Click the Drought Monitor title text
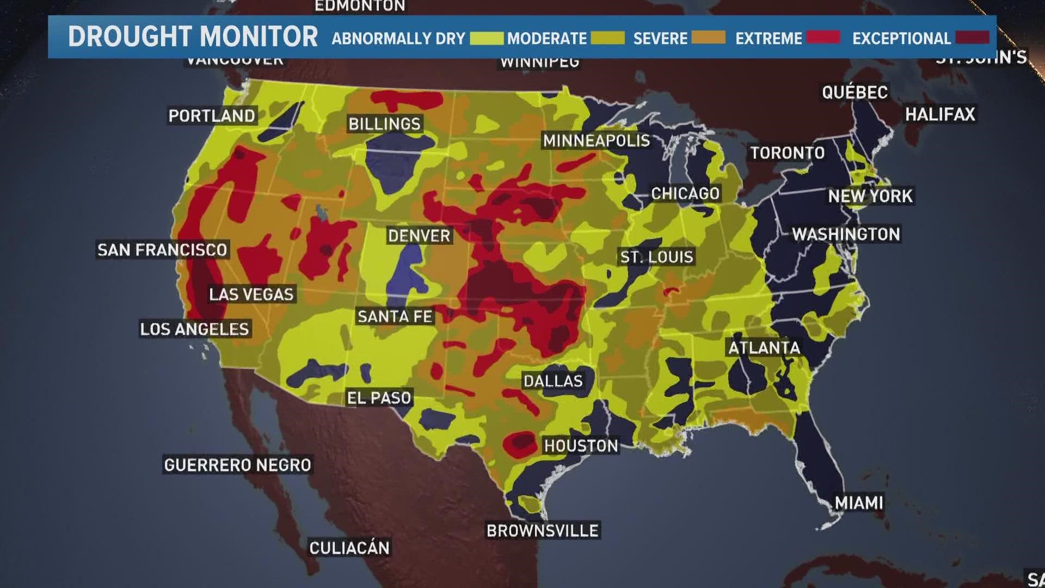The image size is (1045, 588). [193, 37]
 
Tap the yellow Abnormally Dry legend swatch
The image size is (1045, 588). [487, 38]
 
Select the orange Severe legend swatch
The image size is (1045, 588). [708, 38]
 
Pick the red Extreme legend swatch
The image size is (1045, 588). [823, 38]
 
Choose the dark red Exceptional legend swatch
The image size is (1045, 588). [972, 38]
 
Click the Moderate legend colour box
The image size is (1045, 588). [607, 38]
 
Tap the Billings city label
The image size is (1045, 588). [384, 124]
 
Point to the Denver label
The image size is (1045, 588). [419, 236]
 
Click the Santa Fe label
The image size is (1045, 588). [395, 316]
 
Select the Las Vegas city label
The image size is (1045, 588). [251, 295]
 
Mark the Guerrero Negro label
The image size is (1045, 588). [237, 465]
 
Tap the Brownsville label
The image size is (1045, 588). [542, 530]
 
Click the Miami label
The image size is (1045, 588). [859, 502]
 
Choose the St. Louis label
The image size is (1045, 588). [656, 257]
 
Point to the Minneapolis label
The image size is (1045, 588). [596, 141]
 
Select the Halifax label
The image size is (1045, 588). [940, 114]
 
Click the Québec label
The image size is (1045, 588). [855, 92]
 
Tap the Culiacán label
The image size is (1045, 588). [349, 547]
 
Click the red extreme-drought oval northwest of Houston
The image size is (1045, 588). [520, 443]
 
